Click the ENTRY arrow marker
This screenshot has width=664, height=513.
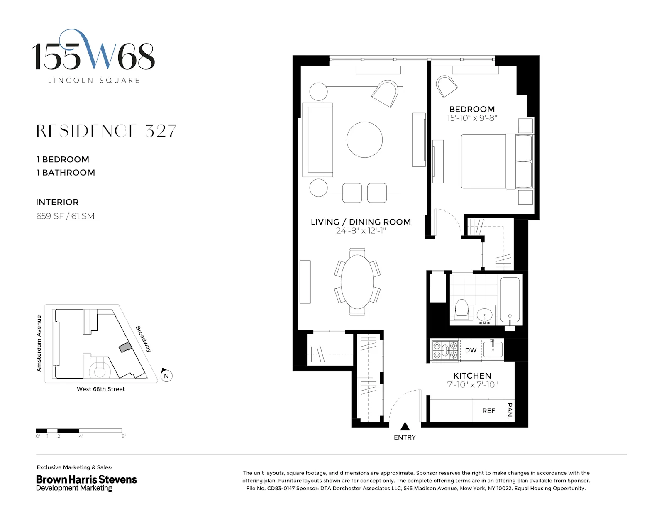tap(405, 426)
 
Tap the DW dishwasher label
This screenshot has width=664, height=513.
tap(471, 350)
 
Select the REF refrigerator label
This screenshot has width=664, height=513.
tap(488, 410)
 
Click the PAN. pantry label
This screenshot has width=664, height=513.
tap(510, 410)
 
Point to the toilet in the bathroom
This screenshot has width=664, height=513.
tap(461, 310)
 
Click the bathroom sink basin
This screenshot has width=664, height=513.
tap(484, 315)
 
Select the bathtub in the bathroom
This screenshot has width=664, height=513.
tap(510, 300)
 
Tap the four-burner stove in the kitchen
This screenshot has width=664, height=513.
tap(445, 350)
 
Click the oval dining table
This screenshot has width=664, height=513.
tap(357, 282)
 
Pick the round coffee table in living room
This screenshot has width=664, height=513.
tap(364, 139)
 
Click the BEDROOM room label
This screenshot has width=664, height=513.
tap(472, 109)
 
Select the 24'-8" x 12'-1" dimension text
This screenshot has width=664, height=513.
tap(361, 231)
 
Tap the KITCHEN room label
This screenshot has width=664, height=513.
tap(472, 376)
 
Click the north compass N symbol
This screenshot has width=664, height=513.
tap(166, 376)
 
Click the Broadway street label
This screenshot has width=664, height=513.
tap(144, 339)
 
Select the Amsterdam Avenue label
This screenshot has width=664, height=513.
tap(39, 343)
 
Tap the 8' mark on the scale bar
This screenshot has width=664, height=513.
tap(123, 436)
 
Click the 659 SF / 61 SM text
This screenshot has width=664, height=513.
tap(65, 216)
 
